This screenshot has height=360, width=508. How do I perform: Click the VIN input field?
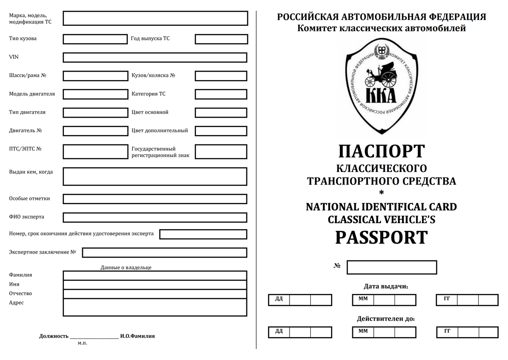[155, 57]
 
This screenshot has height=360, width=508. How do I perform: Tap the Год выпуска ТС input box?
[221, 39]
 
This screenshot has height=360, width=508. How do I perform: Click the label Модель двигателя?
[32, 94]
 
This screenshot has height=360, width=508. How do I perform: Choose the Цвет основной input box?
[221, 113]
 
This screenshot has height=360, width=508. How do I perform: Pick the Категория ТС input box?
[221, 94]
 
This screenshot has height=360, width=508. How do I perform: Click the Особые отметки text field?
[155, 199]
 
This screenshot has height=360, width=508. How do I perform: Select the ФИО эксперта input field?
[155, 217]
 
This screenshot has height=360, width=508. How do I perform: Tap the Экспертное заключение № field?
[164, 252]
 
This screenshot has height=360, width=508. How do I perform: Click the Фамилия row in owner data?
[155, 275]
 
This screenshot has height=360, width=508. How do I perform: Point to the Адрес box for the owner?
[155, 307]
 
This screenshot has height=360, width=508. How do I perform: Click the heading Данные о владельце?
[126, 268]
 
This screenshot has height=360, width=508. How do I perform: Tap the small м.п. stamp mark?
[83, 343]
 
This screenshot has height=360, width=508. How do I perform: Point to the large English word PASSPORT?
[381, 238]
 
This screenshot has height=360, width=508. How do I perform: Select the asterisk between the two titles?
[381, 194]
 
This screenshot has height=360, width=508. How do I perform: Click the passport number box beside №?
[392, 267]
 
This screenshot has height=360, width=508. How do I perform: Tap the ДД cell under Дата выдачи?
[279, 299]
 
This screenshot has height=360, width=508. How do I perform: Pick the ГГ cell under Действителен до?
[447, 331]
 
